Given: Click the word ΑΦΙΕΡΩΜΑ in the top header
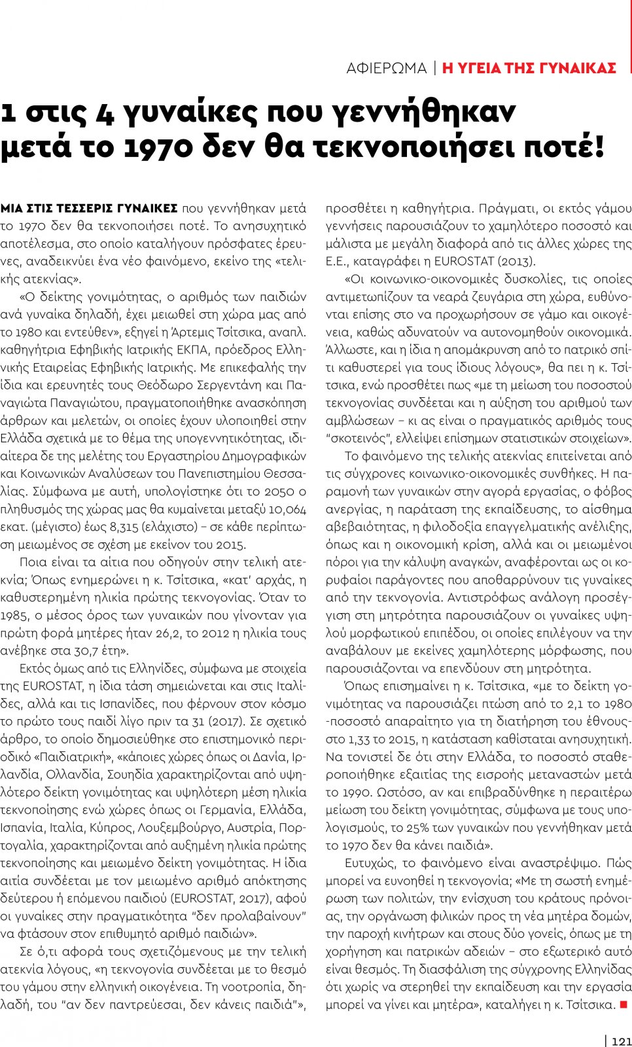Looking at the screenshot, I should point(386,68).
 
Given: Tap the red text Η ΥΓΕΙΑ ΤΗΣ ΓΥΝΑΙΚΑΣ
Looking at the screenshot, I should point(529,68).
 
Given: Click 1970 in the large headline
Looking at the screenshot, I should point(158,147).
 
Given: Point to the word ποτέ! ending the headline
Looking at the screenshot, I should point(563,147).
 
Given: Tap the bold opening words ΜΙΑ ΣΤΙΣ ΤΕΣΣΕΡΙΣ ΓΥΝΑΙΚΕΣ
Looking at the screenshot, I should point(89,208).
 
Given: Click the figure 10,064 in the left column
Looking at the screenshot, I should point(287,509).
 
